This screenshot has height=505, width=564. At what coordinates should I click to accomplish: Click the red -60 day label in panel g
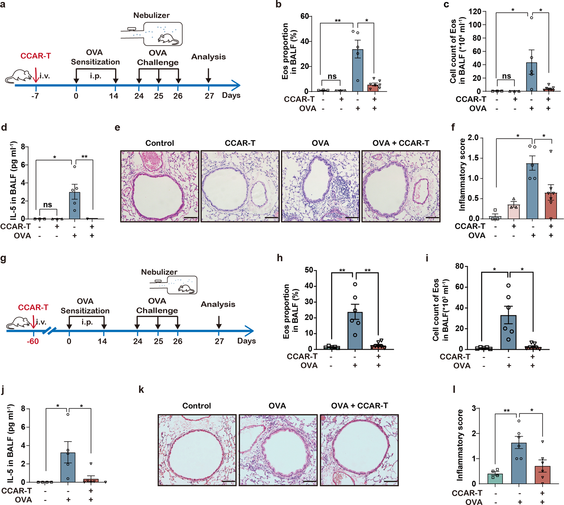[x=33, y=341]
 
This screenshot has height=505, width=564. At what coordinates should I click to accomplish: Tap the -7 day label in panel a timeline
[x=35, y=96]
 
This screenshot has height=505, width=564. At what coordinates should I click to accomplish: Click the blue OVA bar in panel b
[x=358, y=70]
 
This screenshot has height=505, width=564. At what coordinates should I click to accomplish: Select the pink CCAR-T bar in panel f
[x=514, y=212]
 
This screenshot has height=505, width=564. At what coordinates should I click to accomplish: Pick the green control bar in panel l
[x=495, y=479]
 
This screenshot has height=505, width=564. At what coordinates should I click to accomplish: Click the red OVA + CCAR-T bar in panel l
[x=542, y=475]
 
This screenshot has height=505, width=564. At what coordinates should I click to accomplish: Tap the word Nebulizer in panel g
[x=159, y=272]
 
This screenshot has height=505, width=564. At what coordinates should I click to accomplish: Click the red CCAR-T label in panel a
[x=35, y=56]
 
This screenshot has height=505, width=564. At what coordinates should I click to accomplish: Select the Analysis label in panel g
[x=218, y=304]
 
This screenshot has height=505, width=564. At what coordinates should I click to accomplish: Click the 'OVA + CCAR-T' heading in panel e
[x=401, y=143]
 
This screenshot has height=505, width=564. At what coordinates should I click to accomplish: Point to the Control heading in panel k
[x=197, y=406]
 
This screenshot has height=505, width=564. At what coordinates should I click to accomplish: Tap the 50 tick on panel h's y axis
[x=309, y=270]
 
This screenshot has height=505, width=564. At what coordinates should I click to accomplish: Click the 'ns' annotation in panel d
[x=48, y=205]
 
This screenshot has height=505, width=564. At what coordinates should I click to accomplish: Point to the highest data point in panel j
[x=68, y=414]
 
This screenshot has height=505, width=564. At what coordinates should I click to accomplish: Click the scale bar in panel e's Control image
[x=191, y=218]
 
